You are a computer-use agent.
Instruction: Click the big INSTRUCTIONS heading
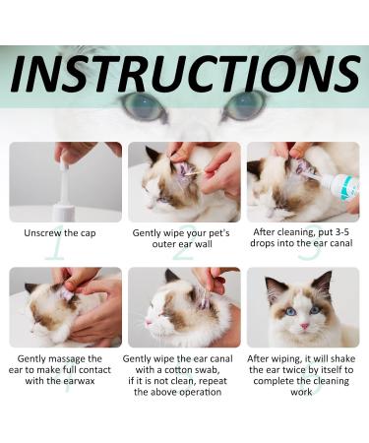[186, 74]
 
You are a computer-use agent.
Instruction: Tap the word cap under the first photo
[88, 234]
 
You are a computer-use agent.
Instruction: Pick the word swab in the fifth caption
[206, 370]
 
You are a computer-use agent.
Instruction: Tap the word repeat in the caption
[213, 382]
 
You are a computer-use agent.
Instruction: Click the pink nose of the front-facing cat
[305, 326]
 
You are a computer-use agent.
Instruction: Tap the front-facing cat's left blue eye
[290, 311]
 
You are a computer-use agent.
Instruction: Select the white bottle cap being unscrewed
[64, 162]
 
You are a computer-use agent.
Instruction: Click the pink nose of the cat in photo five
[148, 321]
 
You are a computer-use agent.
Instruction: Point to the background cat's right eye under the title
[245, 104]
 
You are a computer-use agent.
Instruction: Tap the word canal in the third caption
[340, 243]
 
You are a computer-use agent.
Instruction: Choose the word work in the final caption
[301, 392]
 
